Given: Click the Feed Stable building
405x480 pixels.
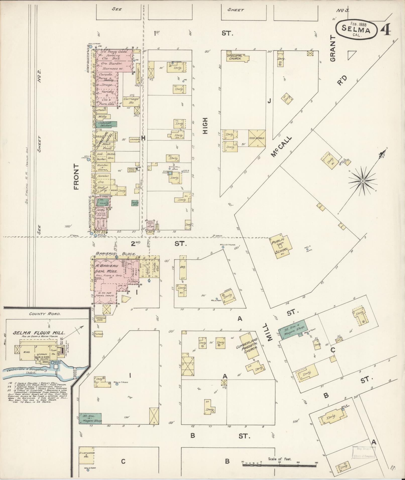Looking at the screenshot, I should (257, 138).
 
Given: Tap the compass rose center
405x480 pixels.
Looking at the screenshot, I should (362, 181).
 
